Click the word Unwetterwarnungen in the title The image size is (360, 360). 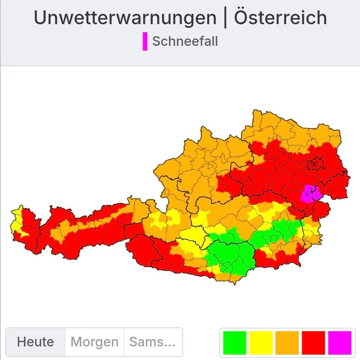125,18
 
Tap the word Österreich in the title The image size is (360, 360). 280,18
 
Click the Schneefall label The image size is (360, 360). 185,41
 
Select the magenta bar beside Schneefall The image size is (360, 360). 145,41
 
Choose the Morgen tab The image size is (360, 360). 95,342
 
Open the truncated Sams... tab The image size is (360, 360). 152,342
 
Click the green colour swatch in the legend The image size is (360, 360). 235,342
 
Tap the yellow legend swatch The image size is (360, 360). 261,342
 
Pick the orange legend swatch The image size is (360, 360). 287,342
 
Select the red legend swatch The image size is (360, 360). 314,342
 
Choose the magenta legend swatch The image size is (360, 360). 340,342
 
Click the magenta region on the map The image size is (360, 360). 312,194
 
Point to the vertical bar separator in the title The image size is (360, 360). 225,18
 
